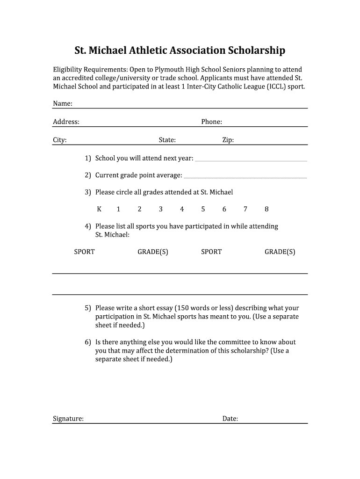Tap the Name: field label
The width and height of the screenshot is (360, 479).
pos(62,103)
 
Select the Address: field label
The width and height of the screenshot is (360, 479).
pos(66,122)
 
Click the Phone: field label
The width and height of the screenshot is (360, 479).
pos(211,122)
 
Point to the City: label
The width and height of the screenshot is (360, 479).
pos(59,140)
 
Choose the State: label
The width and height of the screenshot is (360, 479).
pos(167,140)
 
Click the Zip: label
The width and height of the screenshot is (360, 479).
pos(228,140)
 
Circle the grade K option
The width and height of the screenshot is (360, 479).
pos(99,209)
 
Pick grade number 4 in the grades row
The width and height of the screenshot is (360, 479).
pos(182,209)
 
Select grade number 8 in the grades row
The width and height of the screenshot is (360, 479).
pos(266,209)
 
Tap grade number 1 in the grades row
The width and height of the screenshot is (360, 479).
pos(118,209)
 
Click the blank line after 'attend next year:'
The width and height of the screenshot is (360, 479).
pos(251,160)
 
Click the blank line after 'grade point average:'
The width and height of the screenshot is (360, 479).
pos(245,177)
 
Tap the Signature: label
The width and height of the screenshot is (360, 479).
pos(68,419)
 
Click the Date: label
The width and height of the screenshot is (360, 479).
pos(230,419)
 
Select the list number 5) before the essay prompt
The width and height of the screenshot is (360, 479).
pos(88,308)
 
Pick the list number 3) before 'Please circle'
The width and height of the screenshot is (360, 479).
pos(88,192)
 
